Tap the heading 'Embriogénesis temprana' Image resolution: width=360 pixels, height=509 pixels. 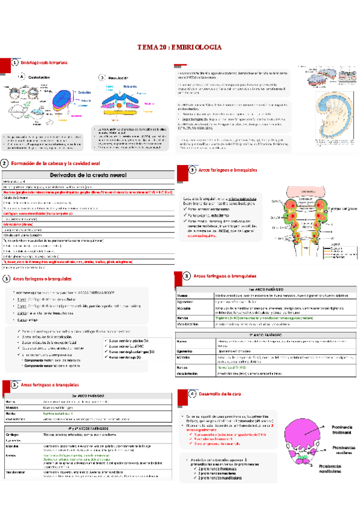(x=44, y=62)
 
